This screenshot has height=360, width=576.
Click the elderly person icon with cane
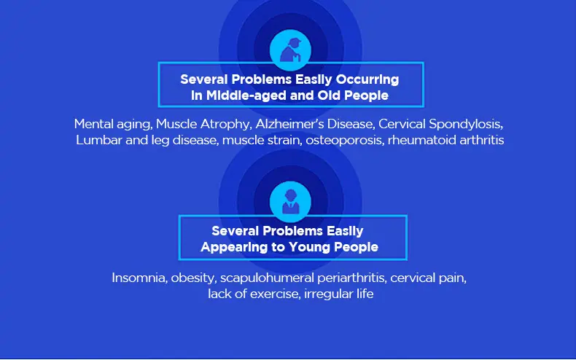(x=291, y=50)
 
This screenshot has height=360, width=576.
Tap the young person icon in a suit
(x=291, y=202)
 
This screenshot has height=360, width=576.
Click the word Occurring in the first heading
(x=367, y=79)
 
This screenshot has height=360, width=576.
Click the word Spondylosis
(x=466, y=125)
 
